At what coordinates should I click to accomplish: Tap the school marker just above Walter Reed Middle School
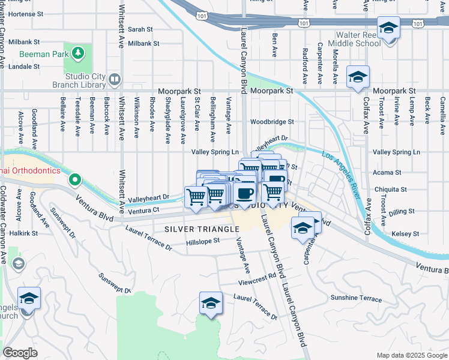pos(388,28)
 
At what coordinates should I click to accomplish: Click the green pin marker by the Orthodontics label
pos(74,179)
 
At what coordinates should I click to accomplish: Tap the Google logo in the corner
pos(20,353)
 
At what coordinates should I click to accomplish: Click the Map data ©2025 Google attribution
pos(411,355)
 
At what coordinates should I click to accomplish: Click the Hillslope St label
pos(203,241)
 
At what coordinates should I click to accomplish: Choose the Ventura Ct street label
pos(143,211)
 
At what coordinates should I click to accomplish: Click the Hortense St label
pos(23,13)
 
